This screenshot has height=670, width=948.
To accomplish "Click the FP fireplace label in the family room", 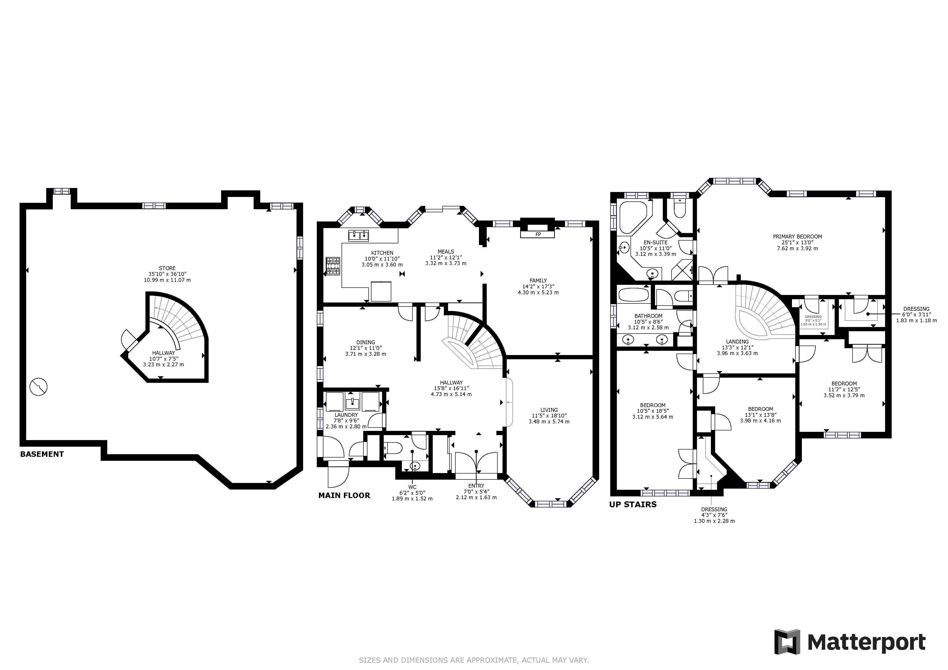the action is click(x=538, y=234).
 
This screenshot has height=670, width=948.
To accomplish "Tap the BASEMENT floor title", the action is click(x=42, y=454).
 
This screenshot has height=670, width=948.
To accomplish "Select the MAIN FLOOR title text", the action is click(x=344, y=495).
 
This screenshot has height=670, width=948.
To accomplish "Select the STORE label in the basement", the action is click(x=167, y=268).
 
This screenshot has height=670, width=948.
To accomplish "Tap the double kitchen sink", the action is click(x=359, y=236).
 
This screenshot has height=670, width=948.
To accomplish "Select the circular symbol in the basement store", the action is click(x=39, y=387).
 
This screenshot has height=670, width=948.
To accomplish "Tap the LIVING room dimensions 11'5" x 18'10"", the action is click(x=549, y=416).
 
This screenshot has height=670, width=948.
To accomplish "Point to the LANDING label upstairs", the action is click(x=738, y=342).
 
